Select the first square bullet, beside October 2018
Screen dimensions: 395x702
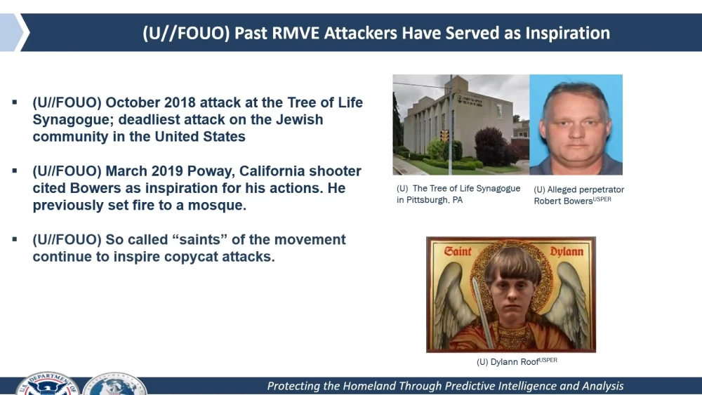(15, 102)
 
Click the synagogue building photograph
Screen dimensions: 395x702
(461, 124)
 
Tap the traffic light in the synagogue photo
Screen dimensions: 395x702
(444, 135)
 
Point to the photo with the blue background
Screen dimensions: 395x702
(576, 124)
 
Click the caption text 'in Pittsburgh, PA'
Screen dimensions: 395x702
(430, 200)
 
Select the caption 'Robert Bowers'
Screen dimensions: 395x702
(563, 201)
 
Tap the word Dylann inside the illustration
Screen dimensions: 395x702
(565, 250)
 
